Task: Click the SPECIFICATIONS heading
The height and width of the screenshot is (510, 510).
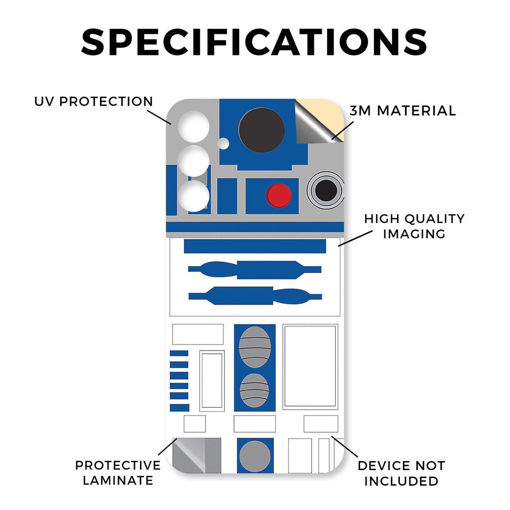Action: pos(255,42)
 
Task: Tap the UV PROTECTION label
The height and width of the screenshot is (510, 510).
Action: pos(94,102)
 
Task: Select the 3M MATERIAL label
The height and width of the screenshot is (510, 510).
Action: pos(402,111)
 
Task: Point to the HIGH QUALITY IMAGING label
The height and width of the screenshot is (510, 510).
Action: pos(414,226)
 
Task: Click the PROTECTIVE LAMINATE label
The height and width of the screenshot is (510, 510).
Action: pos(118,473)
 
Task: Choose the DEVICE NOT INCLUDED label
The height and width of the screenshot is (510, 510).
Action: pos(401,473)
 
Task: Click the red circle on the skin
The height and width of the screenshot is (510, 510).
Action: pos(278,195)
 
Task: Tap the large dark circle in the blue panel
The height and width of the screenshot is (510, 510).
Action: pos(261,130)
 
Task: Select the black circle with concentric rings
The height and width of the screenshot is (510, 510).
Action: pos(326,190)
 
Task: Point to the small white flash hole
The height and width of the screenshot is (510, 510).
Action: pos(224,143)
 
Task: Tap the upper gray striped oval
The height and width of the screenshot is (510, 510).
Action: pos(255,347)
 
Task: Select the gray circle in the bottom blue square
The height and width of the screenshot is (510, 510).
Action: pos(255,455)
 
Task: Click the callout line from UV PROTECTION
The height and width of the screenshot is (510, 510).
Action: pos(160,116)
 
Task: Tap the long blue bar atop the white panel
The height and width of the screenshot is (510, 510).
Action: pos(255,246)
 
